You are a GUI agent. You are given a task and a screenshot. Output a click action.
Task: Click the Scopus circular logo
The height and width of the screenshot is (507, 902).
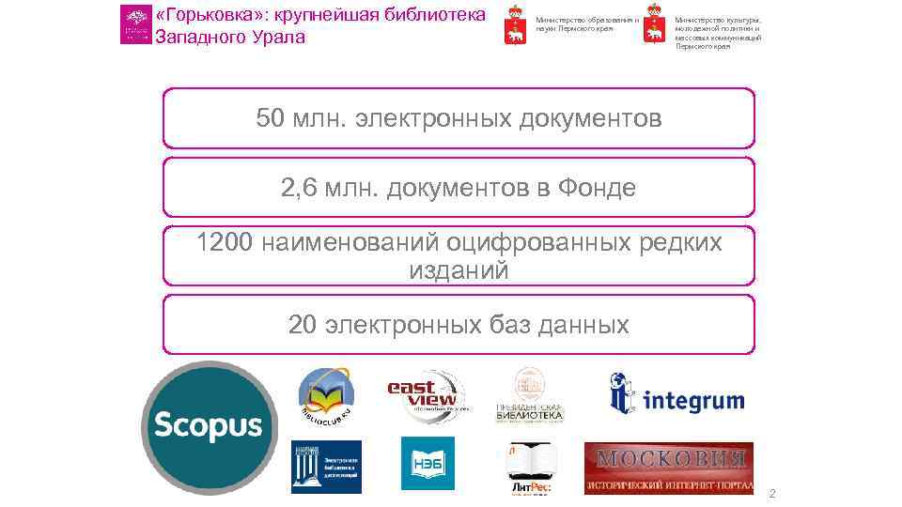(208, 427)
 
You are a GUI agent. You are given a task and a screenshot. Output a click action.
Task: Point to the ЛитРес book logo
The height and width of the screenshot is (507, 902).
(532, 467)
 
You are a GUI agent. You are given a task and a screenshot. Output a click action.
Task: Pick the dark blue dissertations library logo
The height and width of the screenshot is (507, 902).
(326, 467)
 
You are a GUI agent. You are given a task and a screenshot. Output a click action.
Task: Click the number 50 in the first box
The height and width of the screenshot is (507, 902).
(272, 119)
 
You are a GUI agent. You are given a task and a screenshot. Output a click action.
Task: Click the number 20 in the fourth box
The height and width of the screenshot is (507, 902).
(303, 325)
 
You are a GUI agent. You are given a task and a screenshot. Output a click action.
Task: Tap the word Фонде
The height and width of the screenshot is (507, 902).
(597, 188)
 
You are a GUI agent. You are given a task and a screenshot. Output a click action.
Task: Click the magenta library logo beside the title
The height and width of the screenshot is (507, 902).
(135, 24)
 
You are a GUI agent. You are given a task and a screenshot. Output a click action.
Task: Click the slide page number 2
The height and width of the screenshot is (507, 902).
(771, 494)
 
